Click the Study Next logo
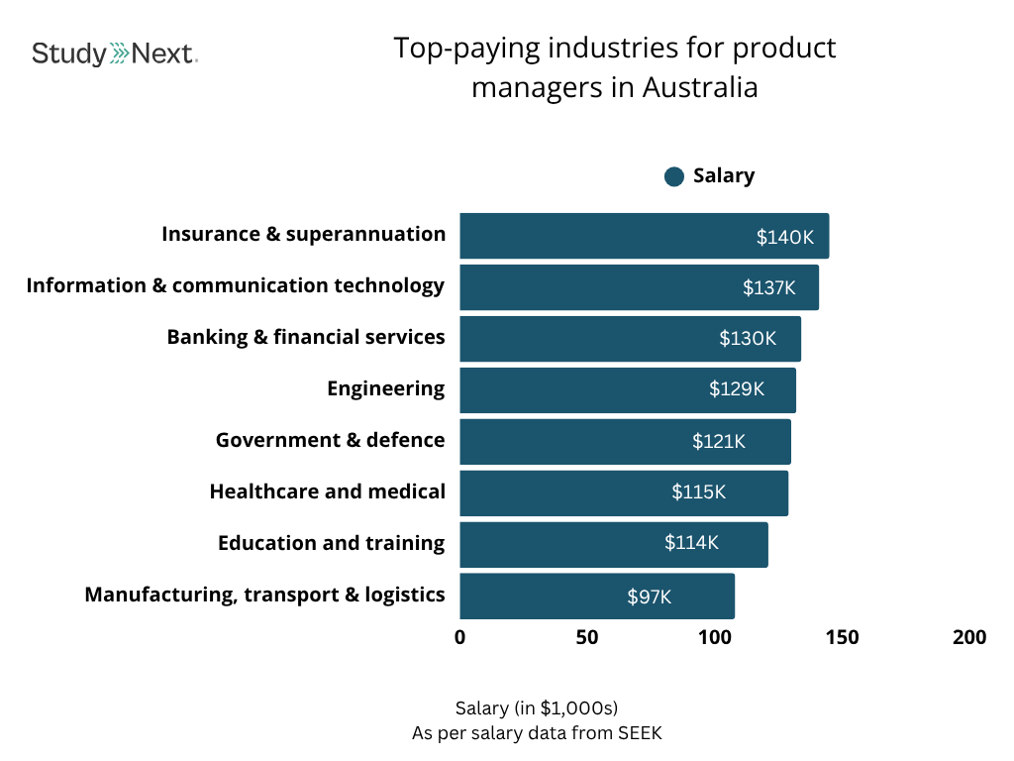pos(114,53)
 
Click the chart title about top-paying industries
pos(614,67)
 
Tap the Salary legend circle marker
pos(674,176)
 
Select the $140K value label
pos(784,237)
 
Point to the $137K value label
pos(769,288)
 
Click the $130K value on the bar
pos(748,339)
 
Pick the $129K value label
pos(737,389)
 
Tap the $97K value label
pos(649,597)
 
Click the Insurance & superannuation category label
pos(304,235)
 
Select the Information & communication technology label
pos(236,286)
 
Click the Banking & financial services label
pos(306,338)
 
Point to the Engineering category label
pos(386,389)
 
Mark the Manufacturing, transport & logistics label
pos(264,596)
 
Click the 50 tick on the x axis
pos(587,637)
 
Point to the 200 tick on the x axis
pos(969,637)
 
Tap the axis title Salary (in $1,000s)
pos(536,708)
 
